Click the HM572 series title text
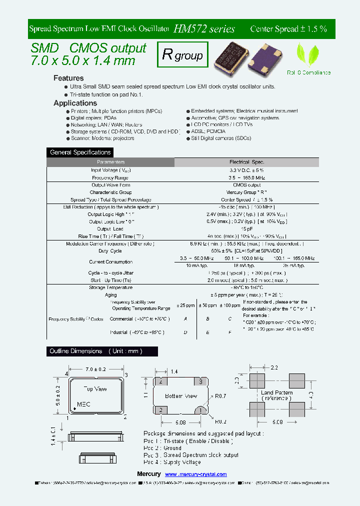[x=204, y=29]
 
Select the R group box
[x=182, y=55]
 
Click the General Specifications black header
[x=80, y=152]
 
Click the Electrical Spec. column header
[x=246, y=162]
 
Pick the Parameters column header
[x=110, y=162]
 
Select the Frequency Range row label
[x=110, y=177]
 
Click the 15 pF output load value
[x=246, y=229]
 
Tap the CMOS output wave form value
[x=246, y=185]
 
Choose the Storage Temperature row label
[x=111, y=287]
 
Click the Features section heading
[x=68, y=78]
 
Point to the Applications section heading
[x=75, y=103]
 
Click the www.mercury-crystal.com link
[x=195, y=474]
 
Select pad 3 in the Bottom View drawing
[x=200, y=381]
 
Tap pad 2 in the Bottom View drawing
[x=161, y=410]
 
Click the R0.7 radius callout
[x=220, y=396]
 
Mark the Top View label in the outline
[x=95, y=388]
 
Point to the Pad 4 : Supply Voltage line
[x=172, y=462]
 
